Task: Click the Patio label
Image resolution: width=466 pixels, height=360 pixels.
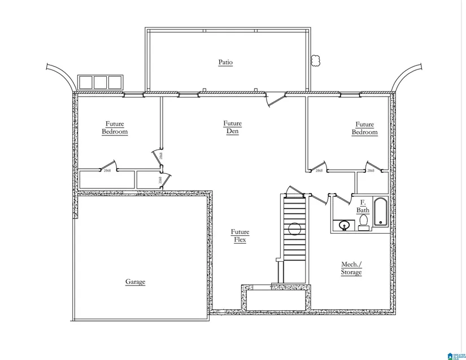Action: click(226, 62)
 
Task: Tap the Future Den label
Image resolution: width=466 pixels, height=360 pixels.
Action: click(232, 128)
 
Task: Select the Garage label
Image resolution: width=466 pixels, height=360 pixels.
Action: click(135, 282)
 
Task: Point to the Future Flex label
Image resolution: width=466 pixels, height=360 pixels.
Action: click(239, 236)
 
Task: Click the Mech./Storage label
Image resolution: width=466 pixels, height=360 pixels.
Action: click(351, 268)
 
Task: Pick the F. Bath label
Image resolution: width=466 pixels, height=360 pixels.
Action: click(363, 207)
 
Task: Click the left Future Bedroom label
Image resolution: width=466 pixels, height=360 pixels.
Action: click(115, 128)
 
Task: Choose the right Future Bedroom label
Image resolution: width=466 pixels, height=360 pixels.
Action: click(364, 128)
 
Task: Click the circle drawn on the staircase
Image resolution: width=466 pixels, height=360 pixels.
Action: click(294, 229)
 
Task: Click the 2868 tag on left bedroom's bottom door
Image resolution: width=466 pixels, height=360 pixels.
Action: click(107, 170)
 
